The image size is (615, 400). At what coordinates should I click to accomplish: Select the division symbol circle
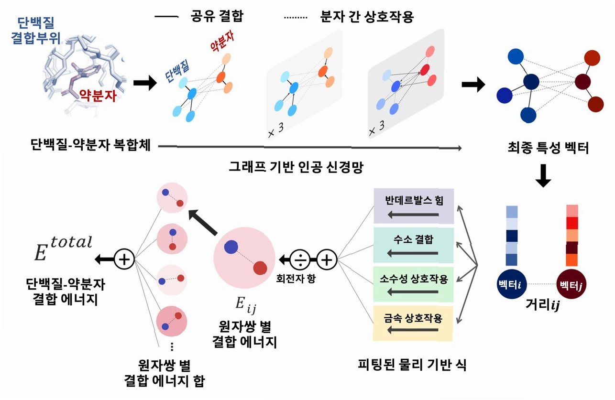coord(301,259)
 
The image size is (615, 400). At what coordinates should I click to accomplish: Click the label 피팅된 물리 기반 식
coord(413,366)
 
